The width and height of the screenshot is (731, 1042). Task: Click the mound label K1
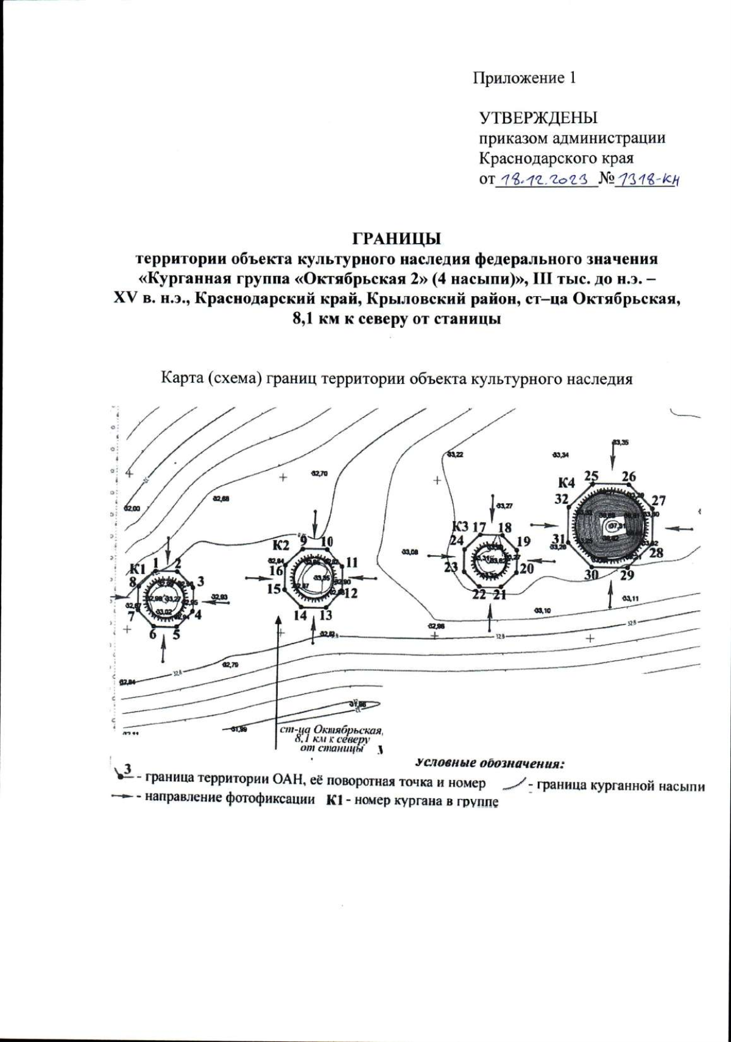(x=138, y=569)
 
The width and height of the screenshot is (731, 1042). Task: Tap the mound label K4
(x=566, y=483)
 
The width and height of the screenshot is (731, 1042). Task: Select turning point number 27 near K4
(x=659, y=501)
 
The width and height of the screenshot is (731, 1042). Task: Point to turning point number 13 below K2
(x=326, y=615)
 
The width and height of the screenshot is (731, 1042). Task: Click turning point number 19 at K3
(x=523, y=541)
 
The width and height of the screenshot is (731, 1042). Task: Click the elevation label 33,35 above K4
(x=621, y=442)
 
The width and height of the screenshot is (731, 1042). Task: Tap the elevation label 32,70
(x=319, y=473)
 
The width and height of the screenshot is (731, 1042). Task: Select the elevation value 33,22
(x=455, y=455)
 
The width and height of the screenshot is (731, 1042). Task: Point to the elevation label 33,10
(x=542, y=610)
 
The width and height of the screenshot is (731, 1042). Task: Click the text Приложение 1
(x=524, y=78)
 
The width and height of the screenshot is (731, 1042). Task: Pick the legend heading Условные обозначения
(x=490, y=763)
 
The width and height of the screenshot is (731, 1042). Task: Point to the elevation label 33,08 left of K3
(x=410, y=552)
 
